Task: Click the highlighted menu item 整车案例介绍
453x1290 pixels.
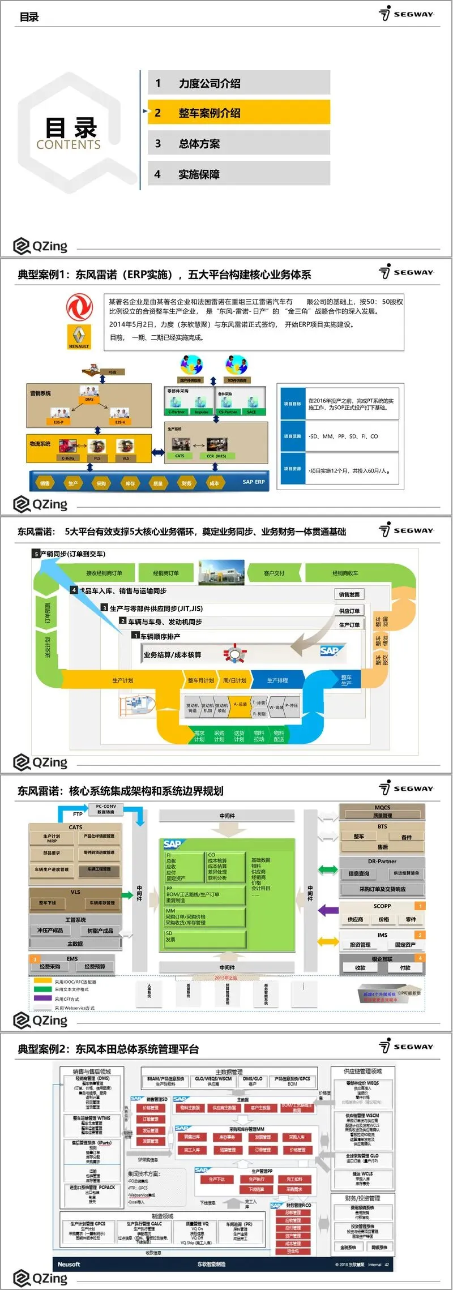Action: click(238, 113)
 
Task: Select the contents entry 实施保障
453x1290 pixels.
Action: click(238, 174)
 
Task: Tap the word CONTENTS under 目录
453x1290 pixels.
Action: click(69, 145)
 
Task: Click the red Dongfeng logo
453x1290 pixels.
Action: click(79, 307)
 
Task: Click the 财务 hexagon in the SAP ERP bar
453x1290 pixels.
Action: click(186, 483)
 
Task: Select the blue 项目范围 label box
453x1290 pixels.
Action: click(293, 436)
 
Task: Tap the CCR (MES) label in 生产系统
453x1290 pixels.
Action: click(216, 456)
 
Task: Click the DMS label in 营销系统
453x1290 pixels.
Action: click(89, 400)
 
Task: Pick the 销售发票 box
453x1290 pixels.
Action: click(349, 594)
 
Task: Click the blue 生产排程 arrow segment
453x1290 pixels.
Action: click(277, 680)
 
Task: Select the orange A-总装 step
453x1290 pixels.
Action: click(241, 704)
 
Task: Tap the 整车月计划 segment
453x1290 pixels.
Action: click(201, 680)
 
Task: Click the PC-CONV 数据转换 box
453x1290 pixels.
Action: click(106, 809)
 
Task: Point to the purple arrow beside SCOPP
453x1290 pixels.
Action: click(328, 910)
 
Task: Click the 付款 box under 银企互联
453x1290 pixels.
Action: click(405, 967)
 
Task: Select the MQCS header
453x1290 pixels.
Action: click(382, 807)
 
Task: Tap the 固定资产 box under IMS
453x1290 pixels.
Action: click(405, 944)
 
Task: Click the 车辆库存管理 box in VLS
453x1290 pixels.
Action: click(102, 903)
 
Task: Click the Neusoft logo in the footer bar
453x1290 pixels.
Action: click(69, 1264)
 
